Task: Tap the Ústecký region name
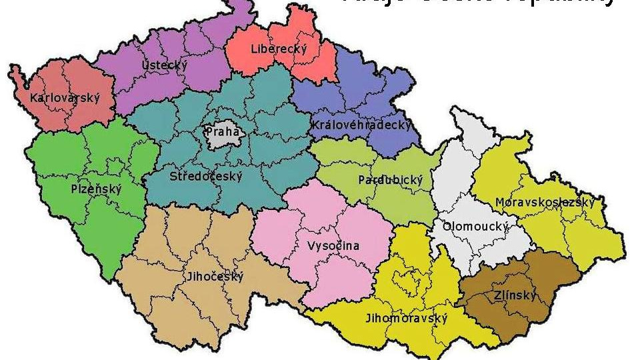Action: [x=165, y=65]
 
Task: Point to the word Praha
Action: [x=222, y=131]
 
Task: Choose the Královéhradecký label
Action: [x=361, y=125]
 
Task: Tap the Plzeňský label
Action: [x=97, y=189]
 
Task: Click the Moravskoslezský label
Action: [x=544, y=202]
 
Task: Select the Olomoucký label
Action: [x=475, y=227]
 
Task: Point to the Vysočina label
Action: [x=333, y=246]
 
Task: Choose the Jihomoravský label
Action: [x=406, y=319]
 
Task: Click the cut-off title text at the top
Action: [x=477, y=3]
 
